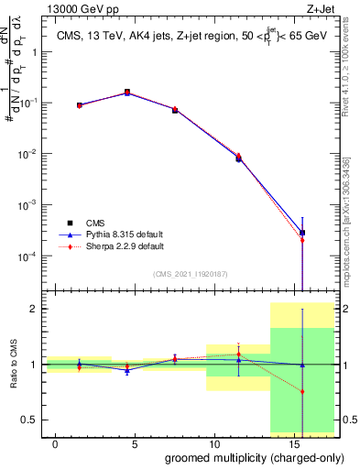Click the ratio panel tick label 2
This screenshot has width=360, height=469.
coord(31,309)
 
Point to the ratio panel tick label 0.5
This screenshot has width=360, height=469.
coord(27,420)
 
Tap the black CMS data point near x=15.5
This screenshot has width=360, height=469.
coord(302,233)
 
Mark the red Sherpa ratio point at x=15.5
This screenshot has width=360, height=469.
coord(302,392)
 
